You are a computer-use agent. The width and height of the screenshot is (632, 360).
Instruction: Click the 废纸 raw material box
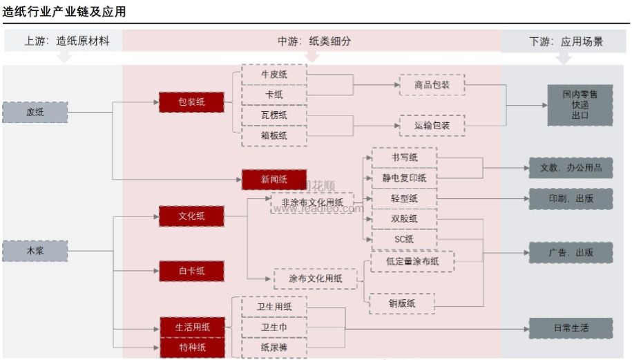coord(35,112)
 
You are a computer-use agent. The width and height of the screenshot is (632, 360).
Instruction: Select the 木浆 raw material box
coord(35,251)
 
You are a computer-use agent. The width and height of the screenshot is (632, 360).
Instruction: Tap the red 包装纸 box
coord(191,103)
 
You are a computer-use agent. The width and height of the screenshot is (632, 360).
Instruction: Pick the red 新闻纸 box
coord(274,180)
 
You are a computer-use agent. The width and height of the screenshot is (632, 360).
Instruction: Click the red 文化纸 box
coord(191,216)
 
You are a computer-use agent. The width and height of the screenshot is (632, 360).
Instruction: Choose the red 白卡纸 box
coord(191,271)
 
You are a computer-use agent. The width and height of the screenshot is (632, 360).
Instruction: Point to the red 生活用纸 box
coord(191,327)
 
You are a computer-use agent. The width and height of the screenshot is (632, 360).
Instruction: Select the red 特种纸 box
coord(191,347)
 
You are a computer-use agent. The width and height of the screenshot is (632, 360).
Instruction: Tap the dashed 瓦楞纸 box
coord(274,115)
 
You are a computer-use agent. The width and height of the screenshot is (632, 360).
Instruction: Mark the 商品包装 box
coord(432,85)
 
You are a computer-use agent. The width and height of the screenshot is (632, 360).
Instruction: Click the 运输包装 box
coord(432,126)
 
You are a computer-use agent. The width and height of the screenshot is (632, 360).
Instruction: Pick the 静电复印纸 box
coord(404,178)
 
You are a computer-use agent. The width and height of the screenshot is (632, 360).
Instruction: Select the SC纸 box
coord(404,239)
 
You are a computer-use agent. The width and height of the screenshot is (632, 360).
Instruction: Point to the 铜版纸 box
coord(402,303)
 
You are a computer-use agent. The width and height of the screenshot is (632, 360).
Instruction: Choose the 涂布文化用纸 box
coord(316,278)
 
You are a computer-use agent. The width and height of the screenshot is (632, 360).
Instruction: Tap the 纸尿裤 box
coord(274,348)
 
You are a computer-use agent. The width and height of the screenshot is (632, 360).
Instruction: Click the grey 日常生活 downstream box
coord(571,328)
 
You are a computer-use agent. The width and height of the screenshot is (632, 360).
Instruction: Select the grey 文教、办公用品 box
coord(571,167)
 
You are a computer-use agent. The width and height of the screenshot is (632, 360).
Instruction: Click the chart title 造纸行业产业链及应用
coord(64,12)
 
